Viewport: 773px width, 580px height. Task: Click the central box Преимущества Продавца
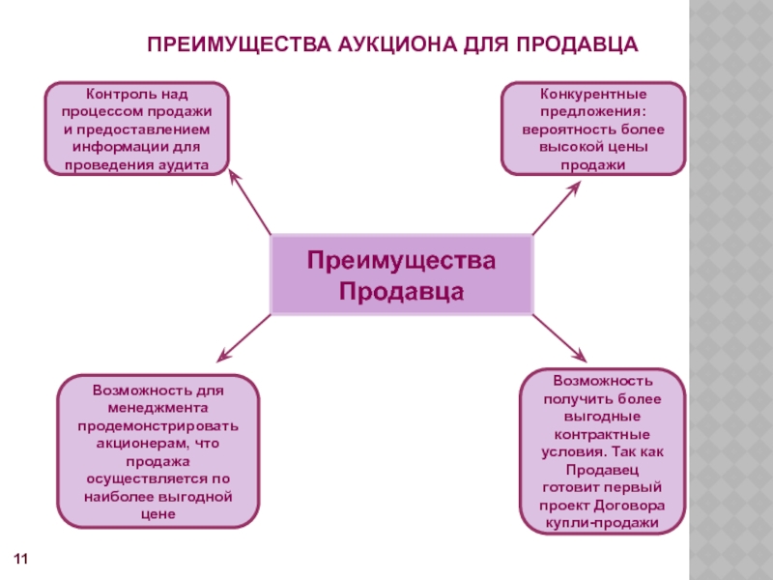tap(401, 275)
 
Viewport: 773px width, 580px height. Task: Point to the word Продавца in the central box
tap(401, 290)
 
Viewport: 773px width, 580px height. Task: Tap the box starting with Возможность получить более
tap(602, 450)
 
